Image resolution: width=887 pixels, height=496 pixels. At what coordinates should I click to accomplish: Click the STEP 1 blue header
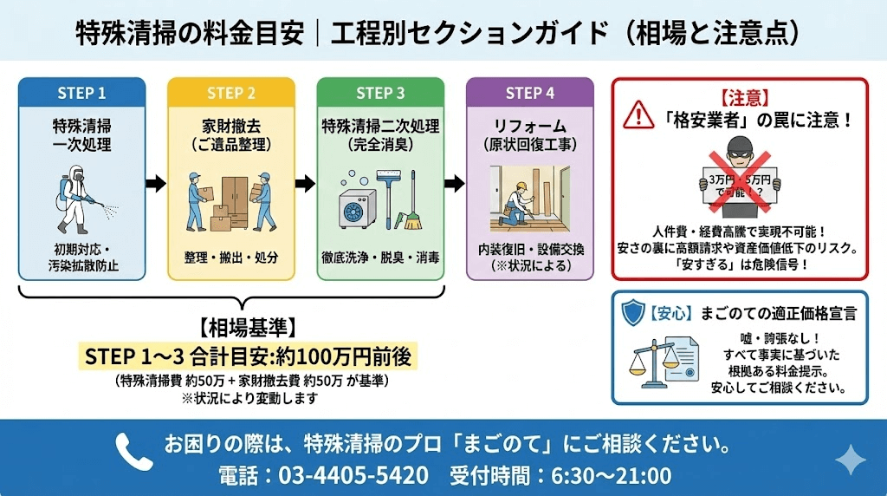click(x=81, y=93)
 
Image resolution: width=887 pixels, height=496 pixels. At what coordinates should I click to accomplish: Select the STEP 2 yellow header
click(x=231, y=93)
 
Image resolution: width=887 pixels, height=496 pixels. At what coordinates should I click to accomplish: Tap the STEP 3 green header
click(x=380, y=93)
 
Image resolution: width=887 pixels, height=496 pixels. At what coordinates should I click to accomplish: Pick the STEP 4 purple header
click(x=530, y=93)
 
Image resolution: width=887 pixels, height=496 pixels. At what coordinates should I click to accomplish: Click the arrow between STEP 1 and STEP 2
click(x=156, y=183)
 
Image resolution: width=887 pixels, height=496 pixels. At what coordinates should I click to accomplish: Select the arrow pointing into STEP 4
click(x=455, y=183)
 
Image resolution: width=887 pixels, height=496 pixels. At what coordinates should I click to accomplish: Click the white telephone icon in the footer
click(x=133, y=449)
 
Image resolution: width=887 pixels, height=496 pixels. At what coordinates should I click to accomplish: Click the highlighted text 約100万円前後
click(x=345, y=356)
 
